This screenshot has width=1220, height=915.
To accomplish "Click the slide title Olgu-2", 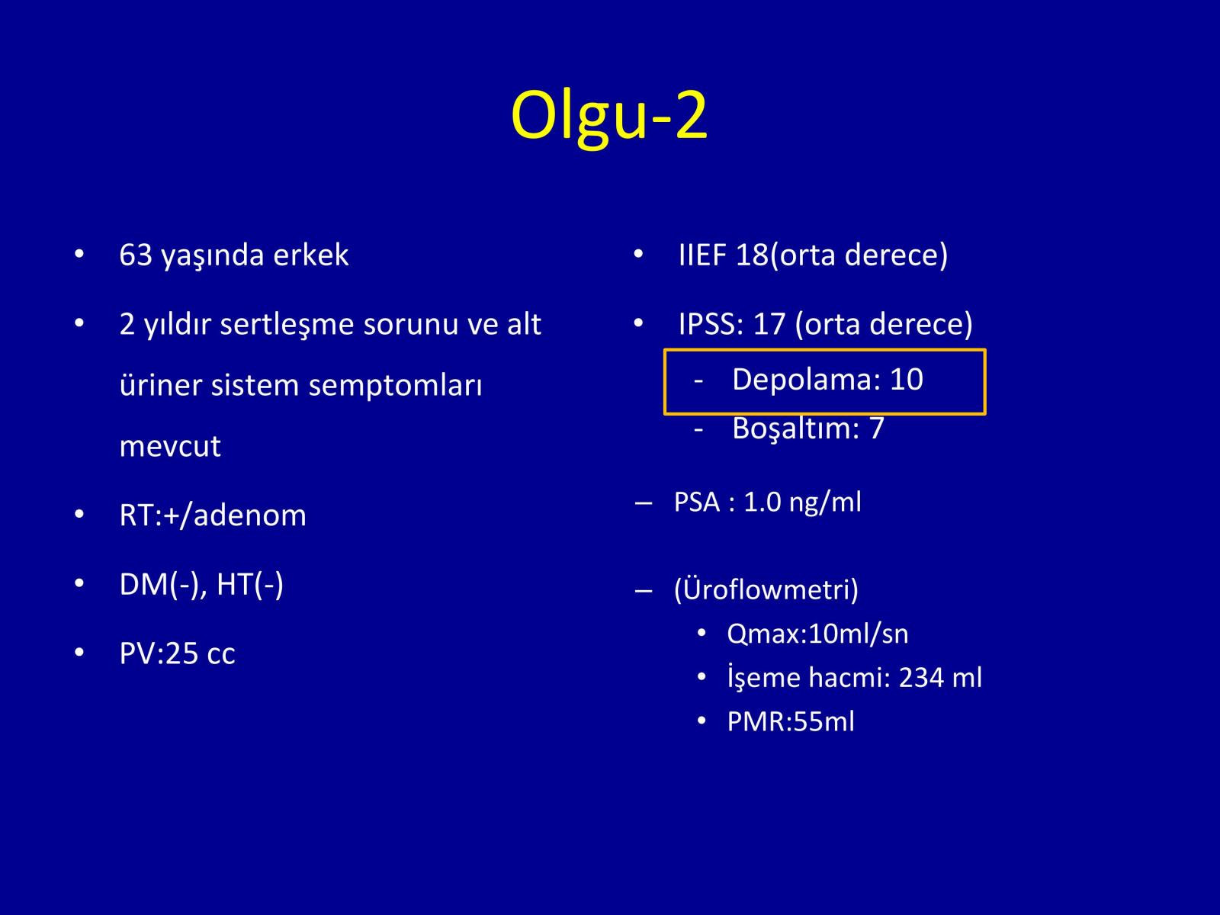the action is (609, 117).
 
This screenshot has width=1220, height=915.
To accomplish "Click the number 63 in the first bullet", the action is (136, 255).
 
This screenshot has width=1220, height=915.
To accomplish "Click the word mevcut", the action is (170, 447).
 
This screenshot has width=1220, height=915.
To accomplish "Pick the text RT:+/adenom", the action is (213, 515).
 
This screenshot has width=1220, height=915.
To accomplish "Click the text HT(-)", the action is (249, 584).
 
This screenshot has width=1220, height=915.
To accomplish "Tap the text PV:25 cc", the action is (178, 653).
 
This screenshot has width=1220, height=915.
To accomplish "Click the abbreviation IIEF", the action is (702, 255).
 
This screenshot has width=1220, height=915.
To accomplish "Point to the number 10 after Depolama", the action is (907, 380).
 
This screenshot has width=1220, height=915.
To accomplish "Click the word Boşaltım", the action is (796, 429).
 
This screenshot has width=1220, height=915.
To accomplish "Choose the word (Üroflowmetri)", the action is (766, 590).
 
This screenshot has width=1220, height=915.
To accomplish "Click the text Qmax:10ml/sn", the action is (817, 634).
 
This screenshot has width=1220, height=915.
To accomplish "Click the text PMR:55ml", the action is (791, 722).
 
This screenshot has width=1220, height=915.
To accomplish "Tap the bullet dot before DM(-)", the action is (79, 584).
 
